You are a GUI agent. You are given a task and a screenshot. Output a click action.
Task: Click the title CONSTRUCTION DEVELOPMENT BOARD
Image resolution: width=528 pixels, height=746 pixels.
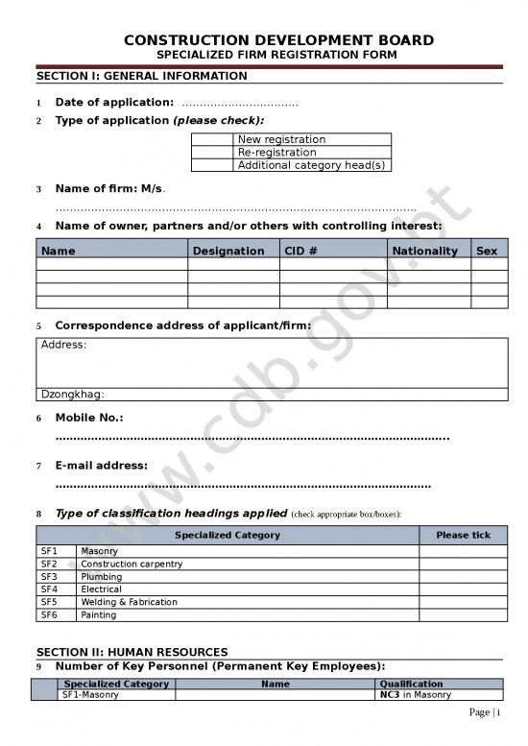pyautogui.click(x=278, y=40)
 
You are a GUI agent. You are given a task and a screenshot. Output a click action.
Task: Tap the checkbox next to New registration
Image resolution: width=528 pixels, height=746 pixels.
pyautogui.click(x=213, y=139)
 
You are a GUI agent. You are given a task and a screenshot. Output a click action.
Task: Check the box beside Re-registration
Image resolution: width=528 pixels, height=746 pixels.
pyautogui.click(x=213, y=152)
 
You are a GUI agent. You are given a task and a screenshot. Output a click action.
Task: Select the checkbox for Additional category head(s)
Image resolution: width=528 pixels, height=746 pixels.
pyautogui.click(x=213, y=165)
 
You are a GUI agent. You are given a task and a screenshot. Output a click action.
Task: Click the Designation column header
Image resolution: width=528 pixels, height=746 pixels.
pyautogui.click(x=228, y=251)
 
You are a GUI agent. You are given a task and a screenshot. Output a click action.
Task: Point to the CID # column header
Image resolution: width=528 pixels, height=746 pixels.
pyautogui.click(x=300, y=251)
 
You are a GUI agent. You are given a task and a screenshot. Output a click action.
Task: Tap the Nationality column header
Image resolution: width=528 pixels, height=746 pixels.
pyautogui.click(x=425, y=251)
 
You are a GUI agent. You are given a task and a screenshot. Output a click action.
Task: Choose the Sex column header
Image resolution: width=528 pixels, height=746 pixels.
pyautogui.click(x=487, y=251)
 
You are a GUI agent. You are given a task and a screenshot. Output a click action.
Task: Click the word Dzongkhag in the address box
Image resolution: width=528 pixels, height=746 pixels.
pyautogui.click(x=72, y=394)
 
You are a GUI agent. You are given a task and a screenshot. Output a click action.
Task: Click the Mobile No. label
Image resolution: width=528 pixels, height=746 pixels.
pyautogui.click(x=89, y=418)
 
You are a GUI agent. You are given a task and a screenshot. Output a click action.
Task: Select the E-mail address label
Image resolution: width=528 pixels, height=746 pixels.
pyautogui.click(x=101, y=466)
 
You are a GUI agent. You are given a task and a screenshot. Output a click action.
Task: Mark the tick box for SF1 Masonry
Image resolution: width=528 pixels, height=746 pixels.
pyautogui.click(x=463, y=551)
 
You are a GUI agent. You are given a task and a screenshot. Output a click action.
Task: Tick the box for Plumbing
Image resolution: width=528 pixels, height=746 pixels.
pyautogui.click(x=463, y=577)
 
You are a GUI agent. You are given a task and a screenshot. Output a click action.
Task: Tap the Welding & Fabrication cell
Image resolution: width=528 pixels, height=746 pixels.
pyautogui.click(x=129, y=602)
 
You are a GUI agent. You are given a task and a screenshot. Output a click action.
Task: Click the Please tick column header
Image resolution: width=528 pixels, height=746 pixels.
pyautogui.click(x=463, y=535)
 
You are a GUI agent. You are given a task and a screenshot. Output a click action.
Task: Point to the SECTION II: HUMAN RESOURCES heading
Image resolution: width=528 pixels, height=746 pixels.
pyautogui.click(x=132, y=652)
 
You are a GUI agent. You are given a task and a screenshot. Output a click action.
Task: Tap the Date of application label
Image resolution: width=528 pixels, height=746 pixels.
pyautogui.click(x=114, y=103)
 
